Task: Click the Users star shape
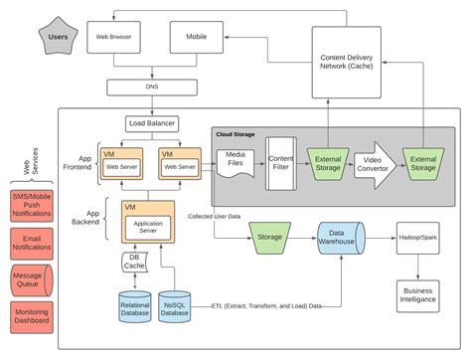[x=58, y=37]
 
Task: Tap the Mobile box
[x=197, y=37]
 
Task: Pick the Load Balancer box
[x=152, y=124]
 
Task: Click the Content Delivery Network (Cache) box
[x=346, y=62]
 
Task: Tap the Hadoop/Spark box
[x=417, y=239]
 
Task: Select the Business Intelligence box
[x=417, y=294]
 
